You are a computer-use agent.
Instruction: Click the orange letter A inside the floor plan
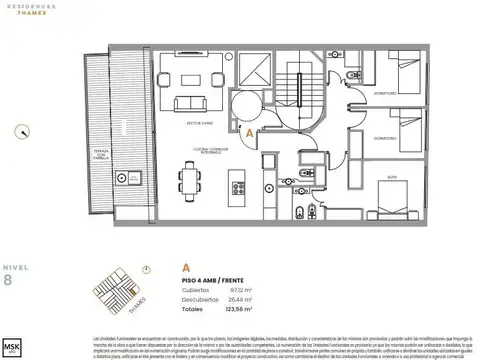pyautogui.click(x=248, y=129)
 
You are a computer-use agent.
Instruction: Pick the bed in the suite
pyautogui.click(x=394, y=197)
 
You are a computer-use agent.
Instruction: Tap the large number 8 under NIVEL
pyautogui.click(x=9, y=281)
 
